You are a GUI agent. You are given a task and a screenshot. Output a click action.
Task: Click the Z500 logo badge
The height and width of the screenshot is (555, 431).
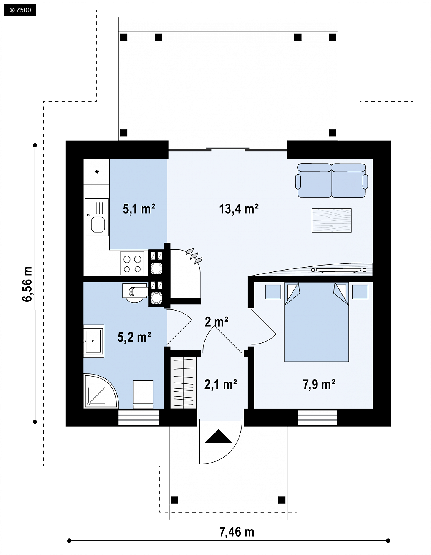click(x=20, y=10)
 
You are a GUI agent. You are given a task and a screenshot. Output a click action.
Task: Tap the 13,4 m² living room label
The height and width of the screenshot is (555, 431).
click(x=239, y=209)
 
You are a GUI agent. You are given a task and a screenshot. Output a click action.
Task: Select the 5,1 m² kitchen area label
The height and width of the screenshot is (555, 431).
click(x=139, y=209)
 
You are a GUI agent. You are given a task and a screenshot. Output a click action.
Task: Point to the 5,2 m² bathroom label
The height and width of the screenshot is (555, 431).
click(x=134, y=337)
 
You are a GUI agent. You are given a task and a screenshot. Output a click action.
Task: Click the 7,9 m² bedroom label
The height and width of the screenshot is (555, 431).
click(x=319, y=384)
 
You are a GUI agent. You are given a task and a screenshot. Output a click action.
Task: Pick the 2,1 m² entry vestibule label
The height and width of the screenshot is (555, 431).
click(x=220, y=384)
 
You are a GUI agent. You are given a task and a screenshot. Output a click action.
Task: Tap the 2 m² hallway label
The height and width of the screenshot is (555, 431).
click(x=216, y=322)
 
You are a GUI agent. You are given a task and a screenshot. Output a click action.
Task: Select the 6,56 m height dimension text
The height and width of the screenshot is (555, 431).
click(x=27, y=284)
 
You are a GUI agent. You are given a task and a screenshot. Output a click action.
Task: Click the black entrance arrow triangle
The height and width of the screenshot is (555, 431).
click(x=218, y=436)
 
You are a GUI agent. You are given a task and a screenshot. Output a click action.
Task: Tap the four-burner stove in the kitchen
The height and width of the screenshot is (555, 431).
click(x=132, y=263)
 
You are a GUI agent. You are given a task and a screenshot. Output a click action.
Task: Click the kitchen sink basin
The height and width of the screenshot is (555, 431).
click(x=98, y=225)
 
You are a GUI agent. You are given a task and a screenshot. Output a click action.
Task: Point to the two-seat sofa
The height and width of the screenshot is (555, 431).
click(x=332, y=180)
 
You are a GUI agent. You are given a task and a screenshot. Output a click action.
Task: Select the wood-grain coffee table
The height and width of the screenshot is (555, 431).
click(x=332, y=220)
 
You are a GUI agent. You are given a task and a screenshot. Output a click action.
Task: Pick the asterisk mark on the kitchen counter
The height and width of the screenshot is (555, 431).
click(x=97, y=172)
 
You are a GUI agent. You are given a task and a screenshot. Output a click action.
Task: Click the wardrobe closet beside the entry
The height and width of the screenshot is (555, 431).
click(x=183, y=382)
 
